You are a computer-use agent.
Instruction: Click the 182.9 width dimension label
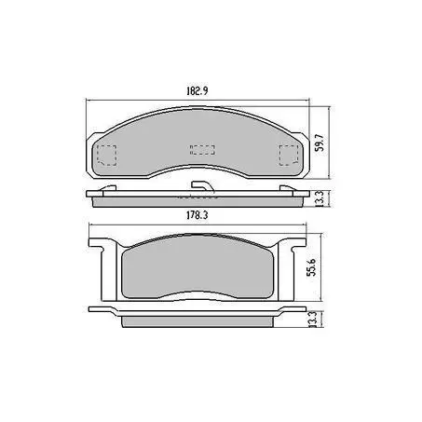pos(197,91)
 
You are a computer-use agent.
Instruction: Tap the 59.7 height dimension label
pos(320,143)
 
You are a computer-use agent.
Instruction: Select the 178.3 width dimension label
pos(197,215)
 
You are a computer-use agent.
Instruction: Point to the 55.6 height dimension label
pos(311,267)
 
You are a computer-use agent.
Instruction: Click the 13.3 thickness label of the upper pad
pos(320,198)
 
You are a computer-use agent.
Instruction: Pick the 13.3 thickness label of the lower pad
pos(312,319)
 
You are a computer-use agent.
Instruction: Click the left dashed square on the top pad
pos(107,155)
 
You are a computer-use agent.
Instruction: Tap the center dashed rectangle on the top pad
pos(202,150)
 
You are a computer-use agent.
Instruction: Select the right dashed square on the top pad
pos(289,155)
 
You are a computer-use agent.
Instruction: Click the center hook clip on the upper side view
pos(202,185)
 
